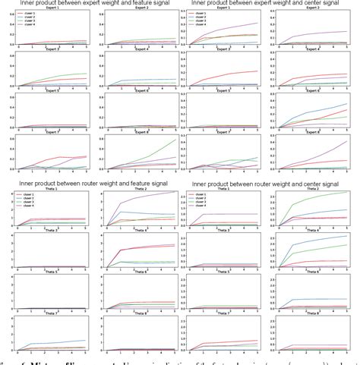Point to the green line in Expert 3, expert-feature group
pyautogui.click(x=61, y=75)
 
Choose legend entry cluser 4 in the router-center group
pyautogui.click(x=199, y=209)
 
